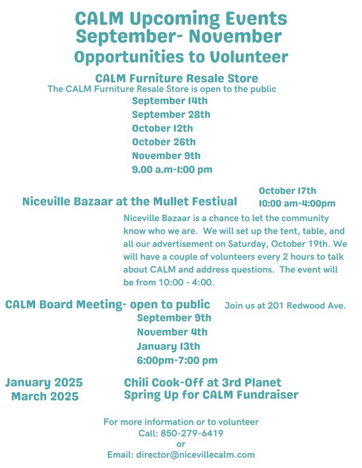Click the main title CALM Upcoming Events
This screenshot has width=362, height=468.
pyautogui.click(x=181, y=19)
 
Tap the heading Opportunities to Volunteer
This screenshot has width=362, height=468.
pyautogui.click(x=181, y=57)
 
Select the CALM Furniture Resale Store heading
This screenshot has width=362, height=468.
pyautogui.click(x=177, y=78)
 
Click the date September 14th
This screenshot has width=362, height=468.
pyautogui.click(x=170, y=101)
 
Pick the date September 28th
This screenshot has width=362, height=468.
pyautogui.click(x=171, y=114)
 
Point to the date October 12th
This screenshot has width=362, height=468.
pyautogui.click(x=163, y=128)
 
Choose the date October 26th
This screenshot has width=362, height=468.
pyautogui.click(x=164, y=142)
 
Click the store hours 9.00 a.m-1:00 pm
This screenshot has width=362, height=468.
pyautogui.click(x=172, y=169)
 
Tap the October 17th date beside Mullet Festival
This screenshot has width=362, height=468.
pyautogui.click(x=287, y=191)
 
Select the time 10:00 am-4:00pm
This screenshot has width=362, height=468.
pyautogui.click(x=297, y=204)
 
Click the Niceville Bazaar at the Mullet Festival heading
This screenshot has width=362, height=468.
pyautogui.click(x=130, y=201)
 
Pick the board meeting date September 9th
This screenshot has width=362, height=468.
pyautogui.click(x=174, y=318)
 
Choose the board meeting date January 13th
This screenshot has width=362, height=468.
pyautogui.click(x=168, y=346)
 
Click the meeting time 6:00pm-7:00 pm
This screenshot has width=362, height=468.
pyautogui.click(x=177, y=360)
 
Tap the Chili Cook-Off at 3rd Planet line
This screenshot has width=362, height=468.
pyautogui.click(x=203, y=382)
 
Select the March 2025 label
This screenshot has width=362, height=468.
pyautogui.click(x=45, y=396)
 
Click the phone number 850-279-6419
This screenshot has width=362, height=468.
pyautogui.click(x=197, y=433)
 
